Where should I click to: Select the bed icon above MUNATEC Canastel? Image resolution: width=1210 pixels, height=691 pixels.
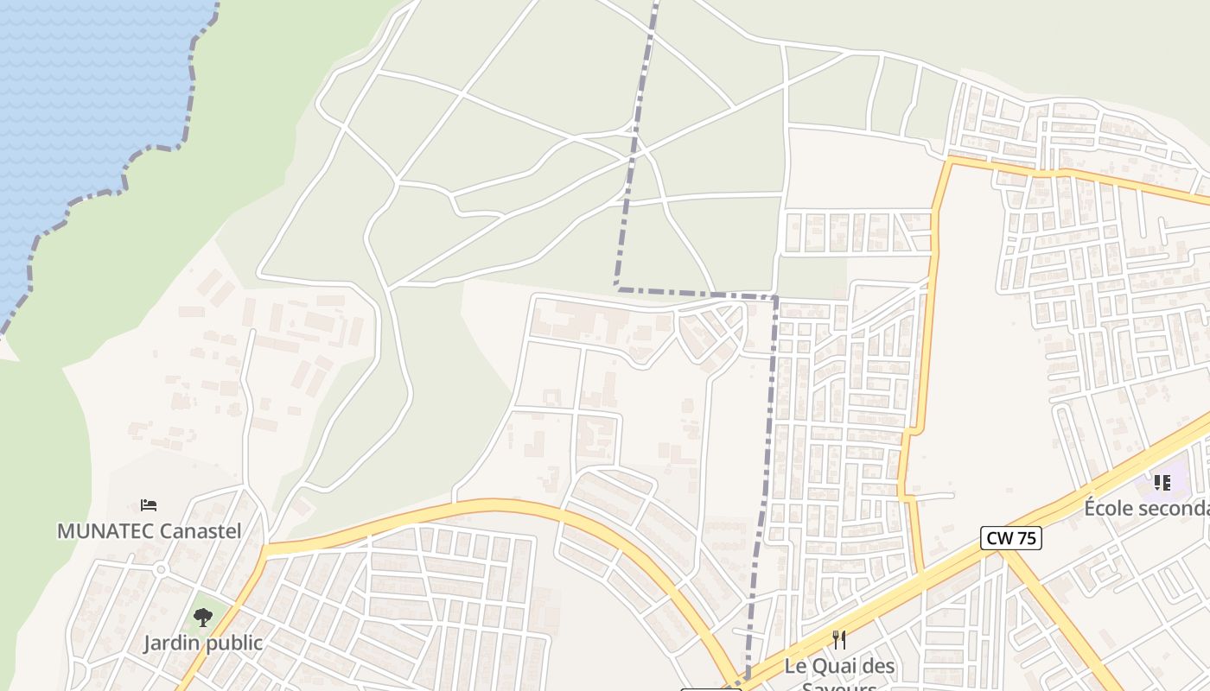click(x=149, y=504)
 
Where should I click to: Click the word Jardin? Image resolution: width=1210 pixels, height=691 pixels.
click(x=171, y=643)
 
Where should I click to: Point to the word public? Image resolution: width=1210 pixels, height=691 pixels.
click(x=233, y=643)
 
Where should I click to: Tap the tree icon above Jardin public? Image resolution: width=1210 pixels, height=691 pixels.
click(x=203, y=617)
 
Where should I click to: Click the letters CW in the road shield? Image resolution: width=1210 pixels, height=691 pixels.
click(x=999, y=539)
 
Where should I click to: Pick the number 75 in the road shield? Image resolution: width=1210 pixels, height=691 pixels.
click(x=1026, y=539)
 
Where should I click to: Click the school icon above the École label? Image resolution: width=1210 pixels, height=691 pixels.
click(x=1162, y=482)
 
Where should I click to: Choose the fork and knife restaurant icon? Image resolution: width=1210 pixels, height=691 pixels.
click(x=838, y=640)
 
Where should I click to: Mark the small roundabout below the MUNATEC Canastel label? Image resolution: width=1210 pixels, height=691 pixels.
click(x=160, y=569)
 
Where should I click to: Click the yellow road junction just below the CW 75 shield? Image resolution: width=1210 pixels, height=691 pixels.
click(x=1005, y=554)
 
